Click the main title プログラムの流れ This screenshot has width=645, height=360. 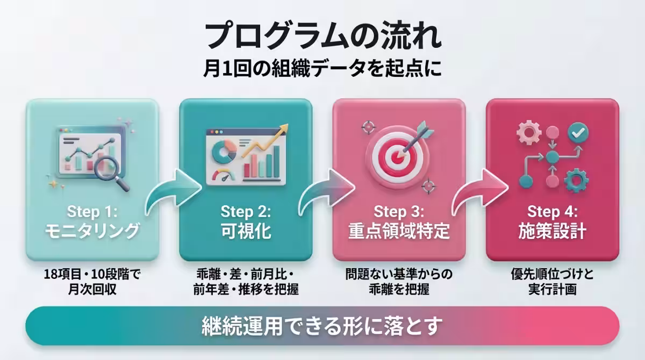pos(322,36)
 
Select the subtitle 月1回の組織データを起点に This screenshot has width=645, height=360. pos(322,68)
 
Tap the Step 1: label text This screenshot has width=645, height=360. pos(92,212)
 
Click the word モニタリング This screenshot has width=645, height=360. pos(92,231)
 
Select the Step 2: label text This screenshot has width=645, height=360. pos(246,212)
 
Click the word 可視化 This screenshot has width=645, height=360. pos(246,231)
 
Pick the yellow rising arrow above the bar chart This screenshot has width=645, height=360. pos(264,140)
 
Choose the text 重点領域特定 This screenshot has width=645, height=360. pos(399,231)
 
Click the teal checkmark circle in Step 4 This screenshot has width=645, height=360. pos(578,133)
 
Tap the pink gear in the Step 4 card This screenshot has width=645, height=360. pos(529,133)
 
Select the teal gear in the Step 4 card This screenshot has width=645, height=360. pos(576,181)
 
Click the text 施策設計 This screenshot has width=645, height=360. pos(553,231)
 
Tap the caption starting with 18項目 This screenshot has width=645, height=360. pos(92,282)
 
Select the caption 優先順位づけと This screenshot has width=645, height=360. pos(553,274)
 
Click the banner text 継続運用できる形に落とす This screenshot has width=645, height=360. pos(322,326)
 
